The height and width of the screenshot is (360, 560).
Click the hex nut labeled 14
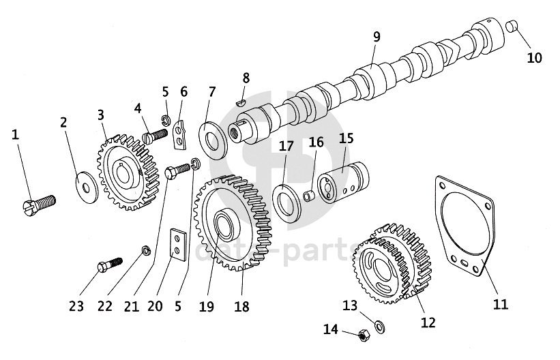coord(364,335)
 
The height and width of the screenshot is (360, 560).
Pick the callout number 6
coord(183,92)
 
